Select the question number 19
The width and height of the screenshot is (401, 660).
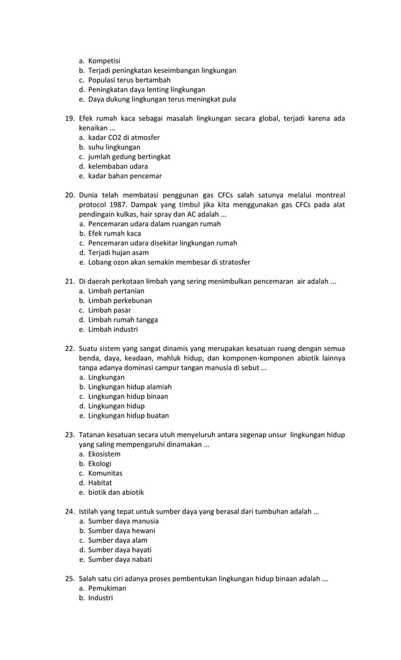point(70,119)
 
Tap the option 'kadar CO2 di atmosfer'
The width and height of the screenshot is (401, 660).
point(124,138)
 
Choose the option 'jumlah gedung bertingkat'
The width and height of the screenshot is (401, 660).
point(129,157)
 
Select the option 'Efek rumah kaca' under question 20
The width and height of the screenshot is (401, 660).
point(114,234)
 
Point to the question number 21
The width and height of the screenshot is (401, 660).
point(70,281)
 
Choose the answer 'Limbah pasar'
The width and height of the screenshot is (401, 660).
point(109,310)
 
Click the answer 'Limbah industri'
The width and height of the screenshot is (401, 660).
point(113,329)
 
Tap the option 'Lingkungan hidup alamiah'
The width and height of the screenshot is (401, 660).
point(129,387)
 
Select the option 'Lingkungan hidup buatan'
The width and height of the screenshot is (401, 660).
point(128,416)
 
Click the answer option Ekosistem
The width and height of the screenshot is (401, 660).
point(104,454)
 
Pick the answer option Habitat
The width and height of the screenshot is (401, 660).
point(100,483)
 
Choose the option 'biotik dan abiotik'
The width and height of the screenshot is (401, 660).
point(116,492)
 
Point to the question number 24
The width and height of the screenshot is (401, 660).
point(70,512)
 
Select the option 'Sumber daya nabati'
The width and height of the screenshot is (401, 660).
point(120,560)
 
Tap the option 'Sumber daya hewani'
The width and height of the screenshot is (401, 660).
point(121,531)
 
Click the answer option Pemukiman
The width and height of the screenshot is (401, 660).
point(107,588)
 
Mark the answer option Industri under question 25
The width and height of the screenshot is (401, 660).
point(101,598)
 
